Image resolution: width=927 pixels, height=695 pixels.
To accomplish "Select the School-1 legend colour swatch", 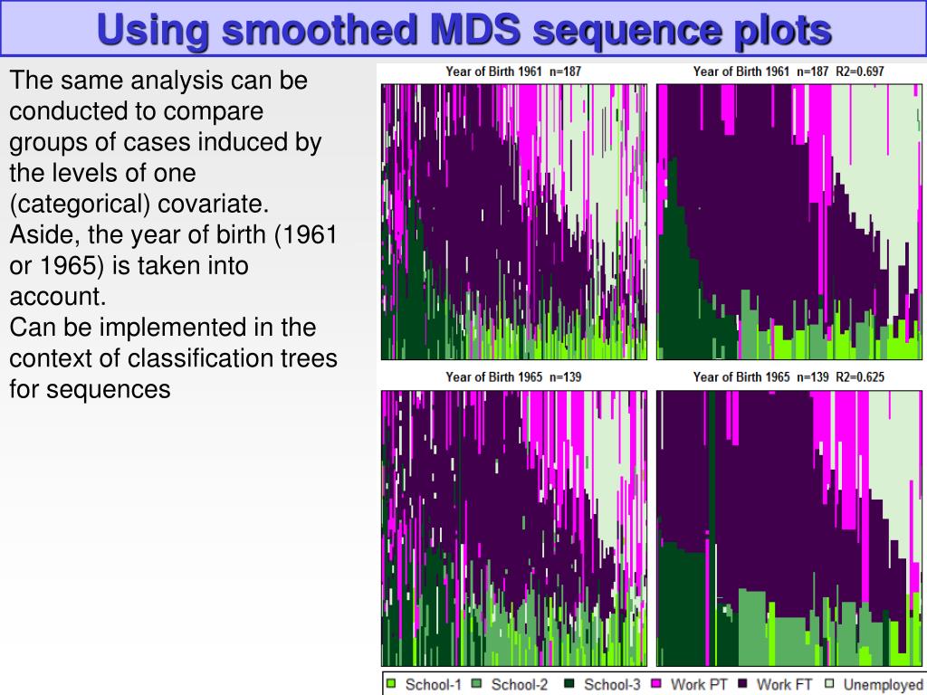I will [x=392, y=684].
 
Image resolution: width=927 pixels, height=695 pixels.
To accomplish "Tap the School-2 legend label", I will [x=520, y=685].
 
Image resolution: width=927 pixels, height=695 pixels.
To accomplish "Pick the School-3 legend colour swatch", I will [x=569, y=684].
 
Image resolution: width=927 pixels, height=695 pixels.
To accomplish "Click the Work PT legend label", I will [x=699, y=685].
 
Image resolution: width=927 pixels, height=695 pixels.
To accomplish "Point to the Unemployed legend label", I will [x=883, y=685].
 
